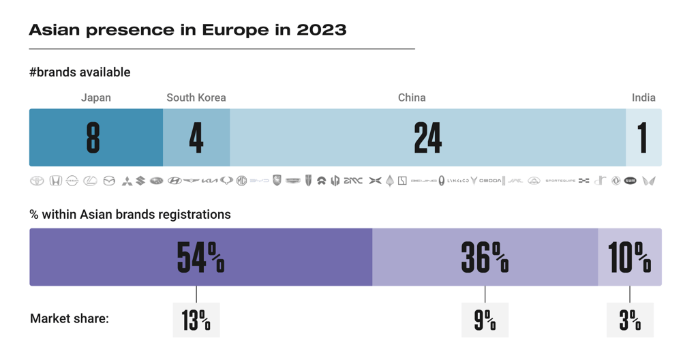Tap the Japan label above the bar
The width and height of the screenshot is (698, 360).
click(95, 97)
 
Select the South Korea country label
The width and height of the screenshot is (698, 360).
click(196, 97)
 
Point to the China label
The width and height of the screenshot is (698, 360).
click(412, 97)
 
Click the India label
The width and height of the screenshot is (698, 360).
click(643, 97)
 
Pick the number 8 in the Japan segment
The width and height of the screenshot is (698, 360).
click(93, 138)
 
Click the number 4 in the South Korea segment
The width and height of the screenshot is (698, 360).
click(196, 138)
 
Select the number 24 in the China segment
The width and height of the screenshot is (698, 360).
click(428, 138)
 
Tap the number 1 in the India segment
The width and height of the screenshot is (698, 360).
click(643, 138)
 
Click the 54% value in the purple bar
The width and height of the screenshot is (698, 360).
click(200, 257)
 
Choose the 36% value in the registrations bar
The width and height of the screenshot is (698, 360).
click(485, 257)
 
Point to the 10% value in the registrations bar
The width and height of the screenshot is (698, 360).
click(629, 257)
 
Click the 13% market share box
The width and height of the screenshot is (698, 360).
click(196, 320)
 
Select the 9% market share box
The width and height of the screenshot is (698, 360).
click(485, 320)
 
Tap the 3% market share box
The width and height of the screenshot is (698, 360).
click(630, 320)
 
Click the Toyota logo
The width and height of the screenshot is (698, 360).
click(37, 181)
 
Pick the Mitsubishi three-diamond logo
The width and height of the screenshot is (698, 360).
click(127, 181)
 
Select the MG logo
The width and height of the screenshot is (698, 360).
click(241, 181)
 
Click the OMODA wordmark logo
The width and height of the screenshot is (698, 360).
click(490, 181)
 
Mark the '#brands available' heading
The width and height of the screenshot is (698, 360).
click(80, 72)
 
